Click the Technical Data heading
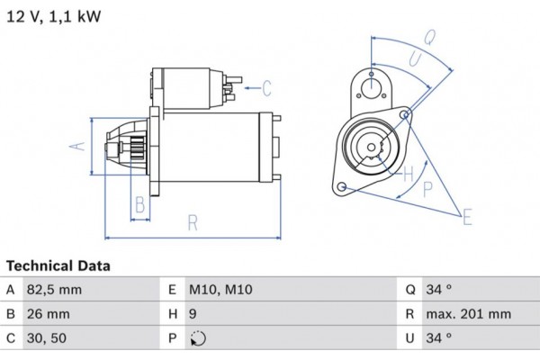click(x=58, y=266)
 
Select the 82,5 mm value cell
click(x=56, y=290)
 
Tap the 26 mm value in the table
click(x=49, y=314)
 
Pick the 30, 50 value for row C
click(x=48, y=338)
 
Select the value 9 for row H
click(x=193, y=314)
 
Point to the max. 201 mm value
click(x=470, y=314)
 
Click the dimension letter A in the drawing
click(x=77, y=146)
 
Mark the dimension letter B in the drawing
click(x=139, y=204)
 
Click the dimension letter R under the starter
click(x=192, y=222)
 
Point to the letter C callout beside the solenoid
click(x=267, y=87)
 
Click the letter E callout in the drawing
click(x=467, y=216)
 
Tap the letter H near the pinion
click(x=407, y=172)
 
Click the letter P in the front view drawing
click(x=427, y=188)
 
